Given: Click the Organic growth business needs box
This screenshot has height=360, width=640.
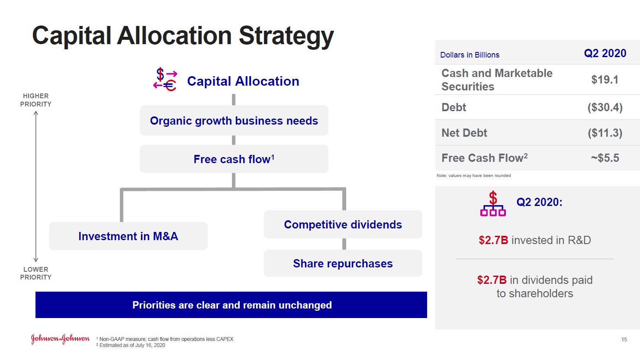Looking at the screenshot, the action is (234, 120).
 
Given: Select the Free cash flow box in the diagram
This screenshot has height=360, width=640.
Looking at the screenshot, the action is (234, 159).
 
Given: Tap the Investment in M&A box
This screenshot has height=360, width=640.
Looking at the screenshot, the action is (128, 236).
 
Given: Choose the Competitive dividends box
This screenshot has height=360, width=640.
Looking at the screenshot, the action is (343, 224).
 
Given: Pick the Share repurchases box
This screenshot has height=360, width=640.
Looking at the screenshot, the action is (343, 263).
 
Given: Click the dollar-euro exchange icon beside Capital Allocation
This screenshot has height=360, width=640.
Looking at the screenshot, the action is (165, 80).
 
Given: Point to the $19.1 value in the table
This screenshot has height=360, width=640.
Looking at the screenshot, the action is (605, 80).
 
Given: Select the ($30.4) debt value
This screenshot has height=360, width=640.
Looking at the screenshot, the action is (605, 107).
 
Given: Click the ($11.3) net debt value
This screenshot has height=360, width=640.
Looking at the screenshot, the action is (605, 133).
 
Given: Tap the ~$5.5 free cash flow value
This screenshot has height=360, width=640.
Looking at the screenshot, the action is (605, 158).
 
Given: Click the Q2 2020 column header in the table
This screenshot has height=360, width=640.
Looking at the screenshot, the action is (605, 53).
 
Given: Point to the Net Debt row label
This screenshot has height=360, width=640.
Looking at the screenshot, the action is (464, 133).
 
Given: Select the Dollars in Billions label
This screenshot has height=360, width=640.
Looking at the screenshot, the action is (470, 55).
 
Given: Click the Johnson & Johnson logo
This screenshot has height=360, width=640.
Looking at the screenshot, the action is (60, 339).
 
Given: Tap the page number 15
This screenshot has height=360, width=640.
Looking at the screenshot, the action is (624, 339).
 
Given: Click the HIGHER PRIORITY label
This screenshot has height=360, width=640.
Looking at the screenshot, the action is (36, 100).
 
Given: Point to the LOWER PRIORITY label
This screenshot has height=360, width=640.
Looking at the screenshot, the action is (36, 273).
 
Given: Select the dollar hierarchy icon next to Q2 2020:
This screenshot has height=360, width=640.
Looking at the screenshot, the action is (493, 203).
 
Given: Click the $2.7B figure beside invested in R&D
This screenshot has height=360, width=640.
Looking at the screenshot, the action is (493, 240).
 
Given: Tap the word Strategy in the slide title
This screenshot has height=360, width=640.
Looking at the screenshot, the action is (286, 36).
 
